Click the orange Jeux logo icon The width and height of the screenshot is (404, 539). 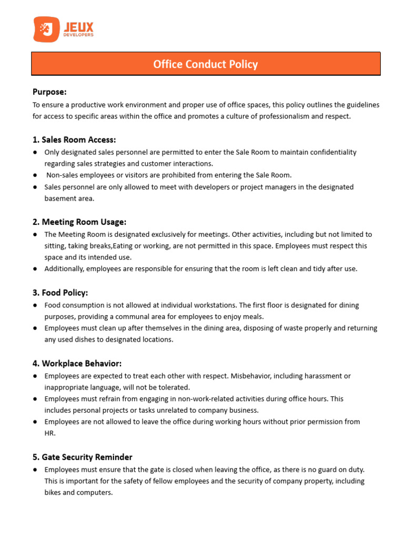46,29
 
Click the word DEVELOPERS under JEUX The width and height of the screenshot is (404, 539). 78,35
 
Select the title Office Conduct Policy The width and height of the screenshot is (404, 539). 205,64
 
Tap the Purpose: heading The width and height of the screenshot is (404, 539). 49,92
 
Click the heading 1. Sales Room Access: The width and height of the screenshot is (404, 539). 74,139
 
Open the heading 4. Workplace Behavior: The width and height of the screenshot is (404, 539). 82,363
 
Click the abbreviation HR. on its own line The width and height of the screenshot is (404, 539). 50,433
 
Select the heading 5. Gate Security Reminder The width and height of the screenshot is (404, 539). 83,457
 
